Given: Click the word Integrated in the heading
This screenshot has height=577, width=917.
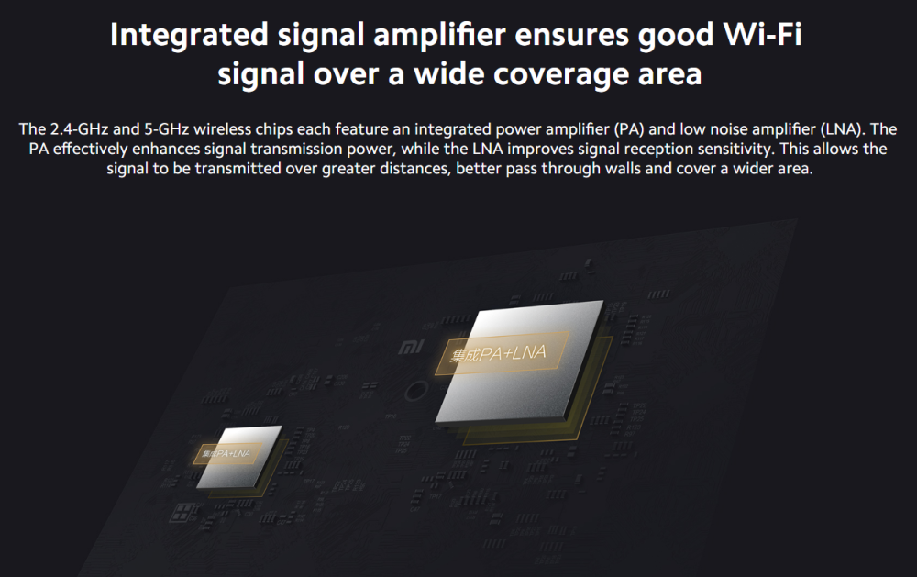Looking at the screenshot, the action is tap(188, 35).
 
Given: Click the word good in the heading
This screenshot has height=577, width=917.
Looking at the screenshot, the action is tap(676, 35).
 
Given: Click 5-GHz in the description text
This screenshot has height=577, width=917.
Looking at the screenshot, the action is tap(167, 129).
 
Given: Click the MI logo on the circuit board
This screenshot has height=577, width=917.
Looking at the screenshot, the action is tap(411, 347).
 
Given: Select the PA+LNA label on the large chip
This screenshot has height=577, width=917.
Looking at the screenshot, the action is tap(498, 353).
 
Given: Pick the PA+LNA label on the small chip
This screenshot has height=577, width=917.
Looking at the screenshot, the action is tap(226, 453).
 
